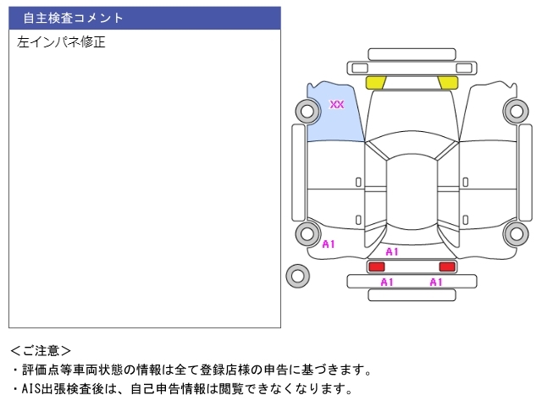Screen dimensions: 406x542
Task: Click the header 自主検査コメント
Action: (x=74, y=18)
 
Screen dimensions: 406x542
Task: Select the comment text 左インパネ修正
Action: (x=61, y=41)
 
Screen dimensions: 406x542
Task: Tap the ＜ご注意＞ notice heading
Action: (x=41, y=349)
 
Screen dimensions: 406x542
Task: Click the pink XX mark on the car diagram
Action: (x=337, y=105)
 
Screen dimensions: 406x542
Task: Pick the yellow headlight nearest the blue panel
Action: (x=375, y=82)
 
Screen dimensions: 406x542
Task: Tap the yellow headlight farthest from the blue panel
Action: (x=448, y=82)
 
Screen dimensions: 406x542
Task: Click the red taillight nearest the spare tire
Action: (x=376, y=266)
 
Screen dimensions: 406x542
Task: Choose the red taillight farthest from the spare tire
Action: (x=447, y=266)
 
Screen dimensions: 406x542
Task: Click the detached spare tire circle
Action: (x=297, y=275)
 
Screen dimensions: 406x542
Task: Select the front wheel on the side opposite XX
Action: (x=515, y=110)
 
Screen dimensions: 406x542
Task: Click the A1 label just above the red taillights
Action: (x=392, y=252)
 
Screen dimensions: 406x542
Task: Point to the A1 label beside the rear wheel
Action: (x=329, y=244)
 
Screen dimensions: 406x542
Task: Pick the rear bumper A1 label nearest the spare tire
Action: (x=387, y=283)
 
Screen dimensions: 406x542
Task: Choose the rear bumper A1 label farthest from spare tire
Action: (x=436, y=283)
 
